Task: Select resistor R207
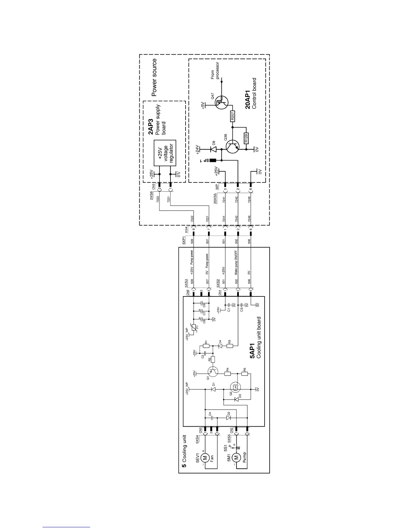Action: click(232, 116)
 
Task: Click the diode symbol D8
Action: click(212, 149)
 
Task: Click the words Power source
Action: click(154, 78)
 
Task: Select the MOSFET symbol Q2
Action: click(235, 388)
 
